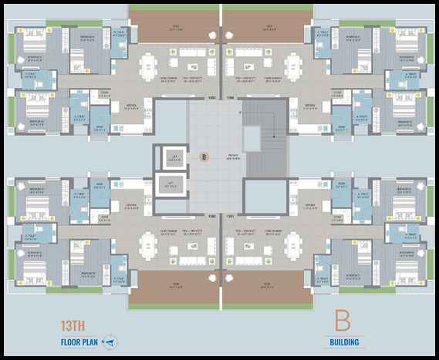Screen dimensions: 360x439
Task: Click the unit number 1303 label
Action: (211, 98)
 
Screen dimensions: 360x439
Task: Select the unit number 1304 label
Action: (230, 98)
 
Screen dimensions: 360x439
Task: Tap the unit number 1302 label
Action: (211, 216)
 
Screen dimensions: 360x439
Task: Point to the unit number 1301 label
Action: (230, 216)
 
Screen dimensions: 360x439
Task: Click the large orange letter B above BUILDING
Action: (343, 321)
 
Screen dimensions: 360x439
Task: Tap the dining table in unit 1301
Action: (295, 248)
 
